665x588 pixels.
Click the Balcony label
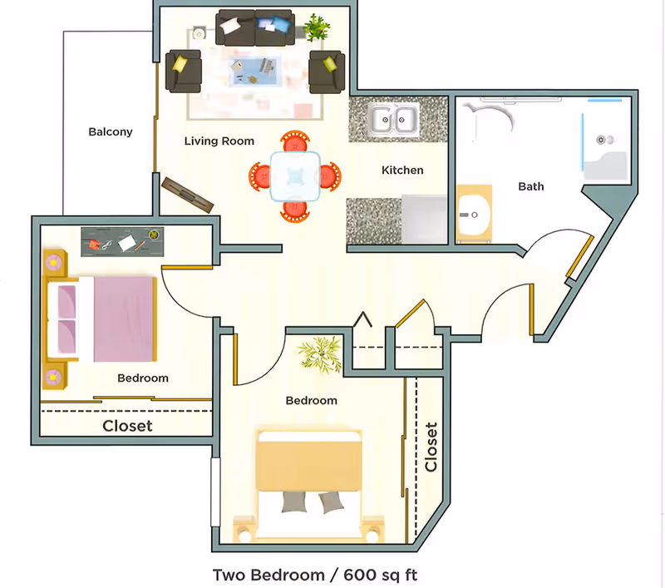[111, 131]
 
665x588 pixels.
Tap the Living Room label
[219, 141]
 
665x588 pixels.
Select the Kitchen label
[402, 170]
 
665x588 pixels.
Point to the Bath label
[531, 186]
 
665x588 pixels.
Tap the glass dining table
[295, 175]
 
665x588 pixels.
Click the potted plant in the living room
[315, 28]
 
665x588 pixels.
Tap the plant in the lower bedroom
[319, 353]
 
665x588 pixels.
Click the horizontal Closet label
[127, 426]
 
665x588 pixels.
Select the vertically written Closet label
[431, 447]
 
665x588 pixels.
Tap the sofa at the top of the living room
[255, 27]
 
